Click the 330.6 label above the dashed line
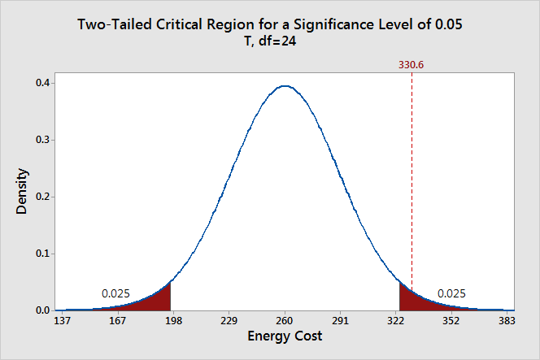(x=412, y=64)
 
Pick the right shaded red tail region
(x=410, y=298)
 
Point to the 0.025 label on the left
(x=115, y=293)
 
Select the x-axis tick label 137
(x=61, y=321)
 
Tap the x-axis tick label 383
(x=507, y=321)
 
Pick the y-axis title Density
(x=23, y=191)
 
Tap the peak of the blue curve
(x=284, y=85)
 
